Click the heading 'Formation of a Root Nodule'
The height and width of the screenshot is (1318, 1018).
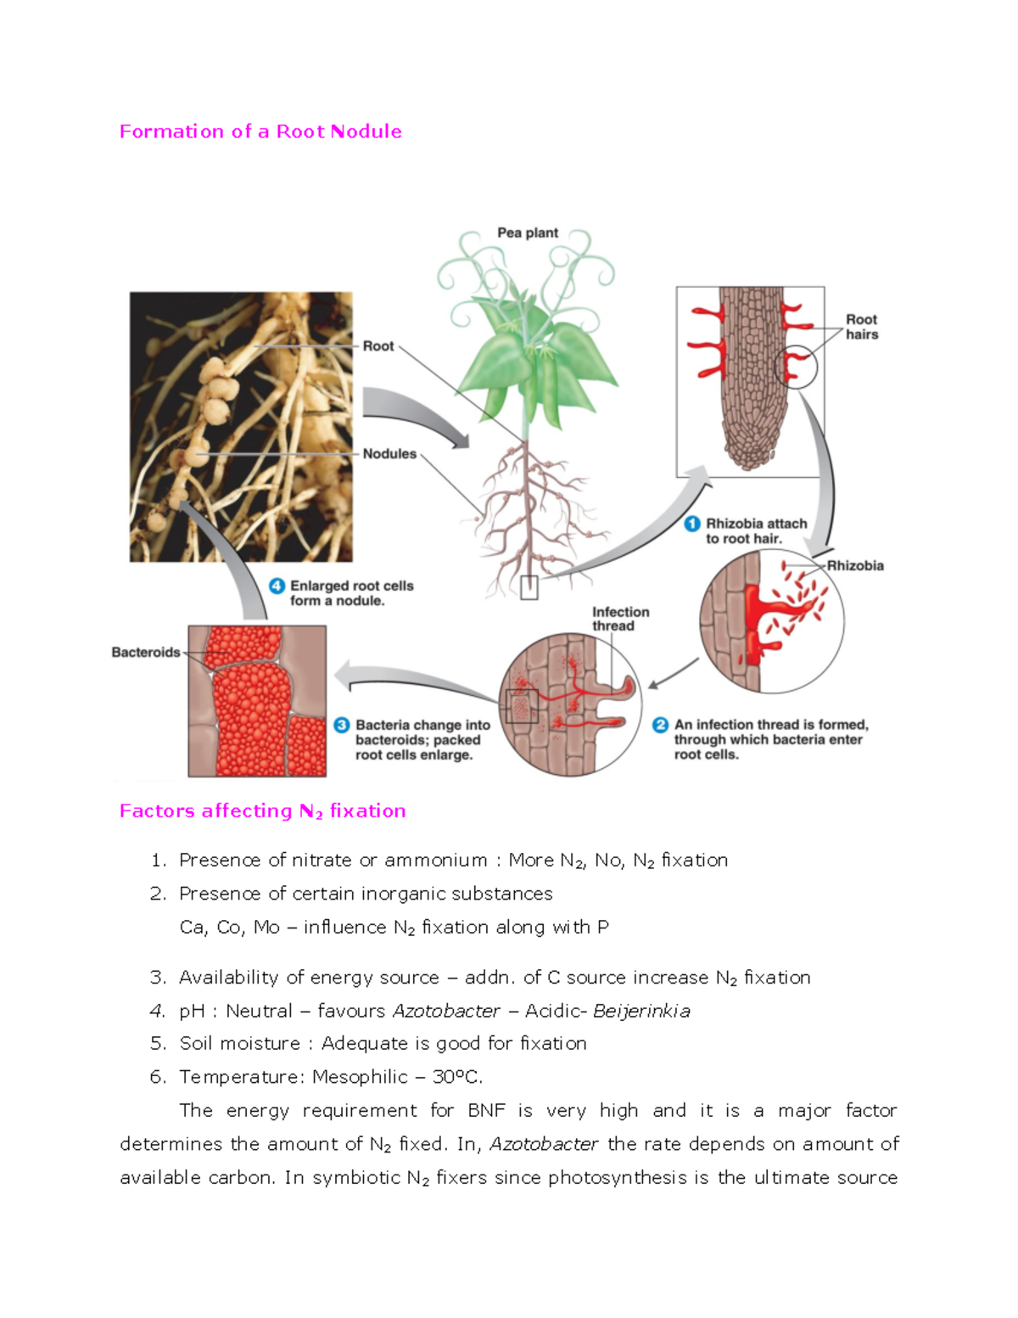pyautogui.click(x=260, y=132)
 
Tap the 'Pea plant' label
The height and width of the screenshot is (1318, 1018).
pyautogui.click(x=527, y=233)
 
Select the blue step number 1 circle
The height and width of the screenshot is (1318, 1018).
pyautogui.click(x=692, y=524)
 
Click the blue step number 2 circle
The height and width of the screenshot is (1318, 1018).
pyautogui.click(x=660, y=725)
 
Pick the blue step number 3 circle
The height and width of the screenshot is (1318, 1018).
pyautogui.click(x=341, y=725)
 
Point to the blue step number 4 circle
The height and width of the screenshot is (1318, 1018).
pyautogui.click(x=277, y=586)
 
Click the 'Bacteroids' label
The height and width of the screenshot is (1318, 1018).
pyautogui.click(x=145, y=653)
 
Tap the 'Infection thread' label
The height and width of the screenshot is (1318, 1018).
pyautogui.click(x=620, y=619)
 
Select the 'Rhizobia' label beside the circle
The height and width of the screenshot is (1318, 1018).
pyautogui.click(x=855, y=565)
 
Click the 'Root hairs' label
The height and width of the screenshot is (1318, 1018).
pyautogui.click(x=861, y=327)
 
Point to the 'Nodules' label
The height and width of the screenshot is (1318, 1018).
pyautogui.click(x=389, y=454)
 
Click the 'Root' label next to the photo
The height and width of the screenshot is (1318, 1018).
pyautogui.click(x=378, y=346)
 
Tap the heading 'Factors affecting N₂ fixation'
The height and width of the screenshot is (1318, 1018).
pyautogui.click(x=262, y=810)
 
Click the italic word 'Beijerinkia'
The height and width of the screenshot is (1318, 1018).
pyautogui.click(x=641, y=1011)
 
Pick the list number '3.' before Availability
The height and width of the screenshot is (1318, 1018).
pyautogui.click(x=158, y=978)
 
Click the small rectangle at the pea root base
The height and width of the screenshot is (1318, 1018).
pyautogui.click(x=529, y=587)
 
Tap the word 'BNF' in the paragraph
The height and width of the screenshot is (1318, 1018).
pyautogui.click(x=486, y=1110)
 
